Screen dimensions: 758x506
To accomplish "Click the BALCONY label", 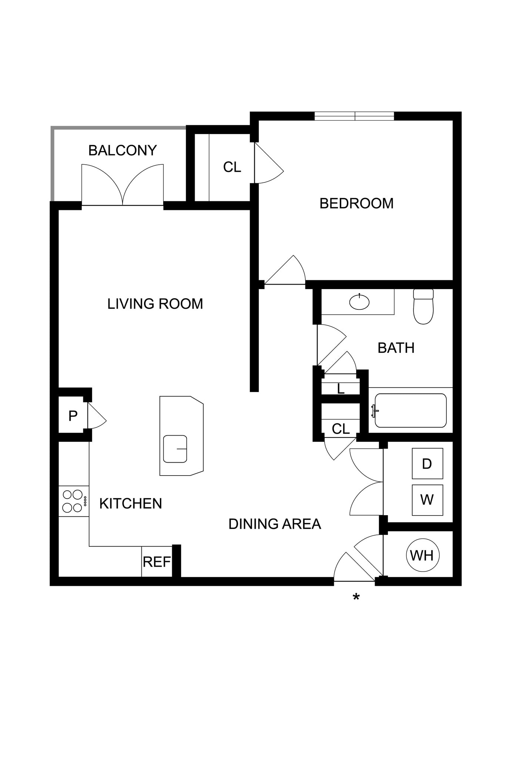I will [x=123, y=151].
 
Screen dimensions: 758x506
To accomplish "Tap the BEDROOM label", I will [x=356, y=204].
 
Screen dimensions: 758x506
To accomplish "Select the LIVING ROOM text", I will [x=155, y=304].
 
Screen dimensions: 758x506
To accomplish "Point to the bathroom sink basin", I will [x=359, y=302].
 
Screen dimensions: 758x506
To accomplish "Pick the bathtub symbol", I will [x=411, y=410].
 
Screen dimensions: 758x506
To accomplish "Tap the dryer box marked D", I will [x=427, y=463].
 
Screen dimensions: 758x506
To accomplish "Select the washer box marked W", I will [x=427, y=500].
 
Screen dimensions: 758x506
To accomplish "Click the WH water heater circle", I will [x=422, y=555].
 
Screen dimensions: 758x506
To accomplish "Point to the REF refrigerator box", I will [x=157, y=562].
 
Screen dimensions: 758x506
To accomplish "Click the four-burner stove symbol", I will [x=73, y=501].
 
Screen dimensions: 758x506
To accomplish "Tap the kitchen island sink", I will [x=175, y=449].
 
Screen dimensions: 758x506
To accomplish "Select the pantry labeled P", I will [x=73, y=416].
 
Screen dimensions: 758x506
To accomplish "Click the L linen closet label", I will [x=341, y=389].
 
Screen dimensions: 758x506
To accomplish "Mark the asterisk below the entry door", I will [x=356, y=597].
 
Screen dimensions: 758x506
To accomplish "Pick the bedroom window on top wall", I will [x=354, y=116].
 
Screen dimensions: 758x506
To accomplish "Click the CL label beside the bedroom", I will [x=232, y=167].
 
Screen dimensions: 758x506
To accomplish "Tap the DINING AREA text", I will [x=275, y=524].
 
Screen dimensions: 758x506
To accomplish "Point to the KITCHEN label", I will [x=131, y=504].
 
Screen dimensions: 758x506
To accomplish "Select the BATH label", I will [x=396, y=348].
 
